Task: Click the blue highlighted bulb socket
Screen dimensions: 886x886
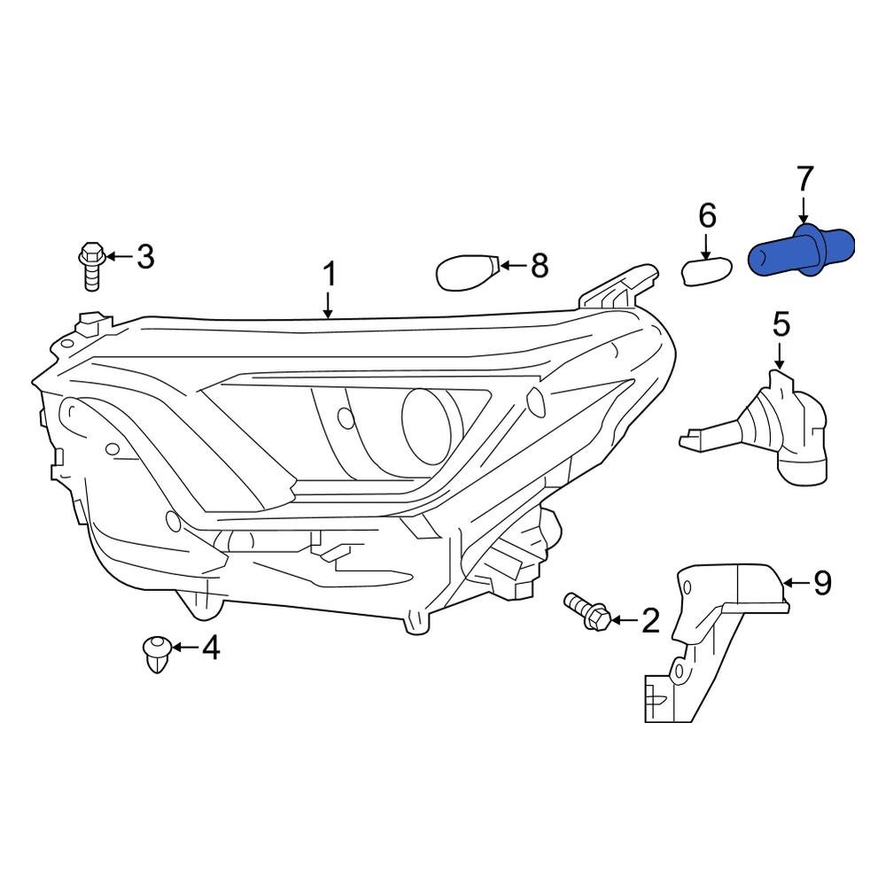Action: [x=801, y=251]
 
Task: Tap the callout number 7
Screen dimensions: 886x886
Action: [x=804, y=180]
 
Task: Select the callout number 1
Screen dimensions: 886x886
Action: [x=329, y=275]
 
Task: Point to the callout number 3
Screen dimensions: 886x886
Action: [x=144, y=258]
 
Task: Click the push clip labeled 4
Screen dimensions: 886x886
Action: [x=155, y=654]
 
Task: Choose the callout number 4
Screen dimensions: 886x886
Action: [x=210, y=649]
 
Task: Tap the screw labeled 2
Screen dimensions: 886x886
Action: [x=587, y=611]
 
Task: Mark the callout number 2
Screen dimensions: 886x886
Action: [x=650, y=621]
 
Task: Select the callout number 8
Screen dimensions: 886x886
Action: [x=539, y=265]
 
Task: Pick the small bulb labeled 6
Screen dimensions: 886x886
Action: [x=705, y=272]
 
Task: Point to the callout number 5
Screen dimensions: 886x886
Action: [x=781, y=324]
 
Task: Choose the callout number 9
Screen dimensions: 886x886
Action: [x=823, y=582]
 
